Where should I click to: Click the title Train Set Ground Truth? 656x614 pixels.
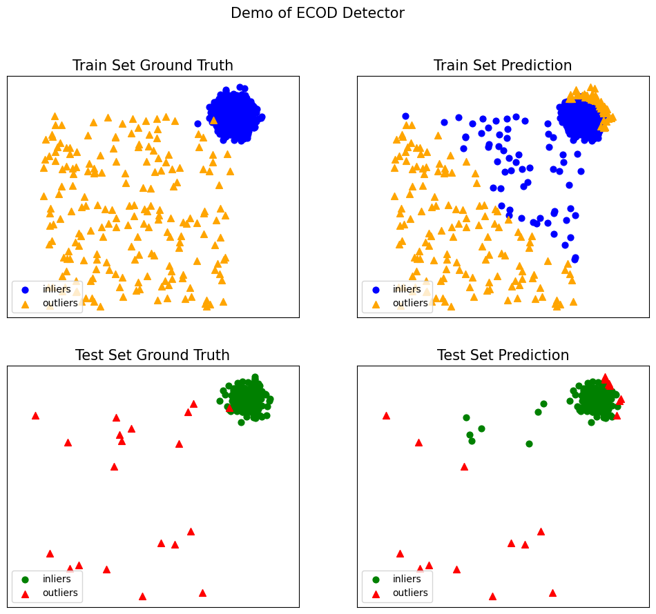coord(153,66)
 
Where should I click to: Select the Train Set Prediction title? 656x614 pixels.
coord(502,66)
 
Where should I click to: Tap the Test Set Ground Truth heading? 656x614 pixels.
coord(152,355)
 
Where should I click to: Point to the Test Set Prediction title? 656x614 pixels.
coord(503,355)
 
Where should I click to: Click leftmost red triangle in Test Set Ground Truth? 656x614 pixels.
coord(35,415)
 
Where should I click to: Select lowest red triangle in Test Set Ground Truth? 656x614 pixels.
coord(142,596)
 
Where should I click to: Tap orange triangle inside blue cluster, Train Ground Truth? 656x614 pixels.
coord(213,120)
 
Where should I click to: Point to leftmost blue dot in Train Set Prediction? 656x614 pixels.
coord(405,117)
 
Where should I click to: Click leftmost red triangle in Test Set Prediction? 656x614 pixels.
coord(386,415)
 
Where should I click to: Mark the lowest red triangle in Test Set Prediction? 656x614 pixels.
coord(492,596)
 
